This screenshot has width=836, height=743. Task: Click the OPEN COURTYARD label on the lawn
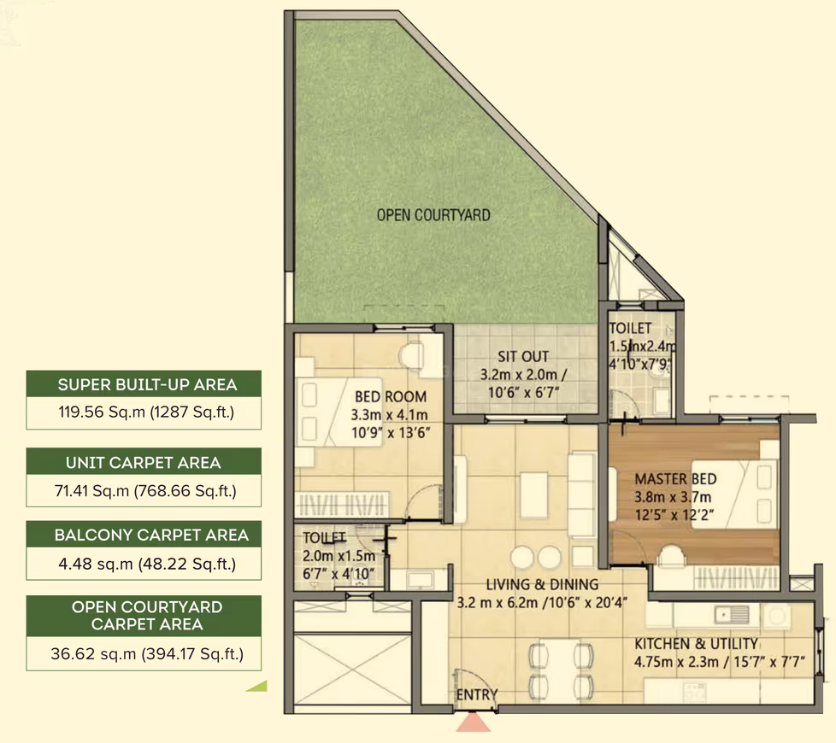(x=433, y=215)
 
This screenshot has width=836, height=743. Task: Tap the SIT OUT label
(x=523, y=356)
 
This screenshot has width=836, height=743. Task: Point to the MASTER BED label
(x=675, y=479)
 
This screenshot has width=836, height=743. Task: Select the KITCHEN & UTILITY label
(x=697, y=643)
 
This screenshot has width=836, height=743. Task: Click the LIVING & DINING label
(x=542, y=584)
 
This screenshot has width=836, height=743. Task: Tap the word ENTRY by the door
(x=477, y=694)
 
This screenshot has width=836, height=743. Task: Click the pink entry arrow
(x=474, y=723)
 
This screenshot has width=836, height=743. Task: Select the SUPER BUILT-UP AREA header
(x=147, y=384)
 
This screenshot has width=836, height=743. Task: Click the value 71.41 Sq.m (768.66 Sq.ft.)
(x=145, y=490)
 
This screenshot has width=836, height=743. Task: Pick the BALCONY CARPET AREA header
(x=151, y=535)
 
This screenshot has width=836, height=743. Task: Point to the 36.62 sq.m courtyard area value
(x=147, y=653)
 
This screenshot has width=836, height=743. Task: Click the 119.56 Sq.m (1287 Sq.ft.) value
(x=146, y=412)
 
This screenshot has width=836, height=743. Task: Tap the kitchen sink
(x=732, y=615)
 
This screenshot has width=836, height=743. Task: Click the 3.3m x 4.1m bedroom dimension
(x=389, y=414)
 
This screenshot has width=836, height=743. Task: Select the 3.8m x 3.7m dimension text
(x=673, y=497)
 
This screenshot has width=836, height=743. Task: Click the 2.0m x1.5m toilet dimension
(x=339, y=555)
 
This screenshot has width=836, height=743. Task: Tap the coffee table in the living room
(x=533, y=494)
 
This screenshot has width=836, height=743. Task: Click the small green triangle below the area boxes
(x=256, y=686)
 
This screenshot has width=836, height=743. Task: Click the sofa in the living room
(x=581, y=494)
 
